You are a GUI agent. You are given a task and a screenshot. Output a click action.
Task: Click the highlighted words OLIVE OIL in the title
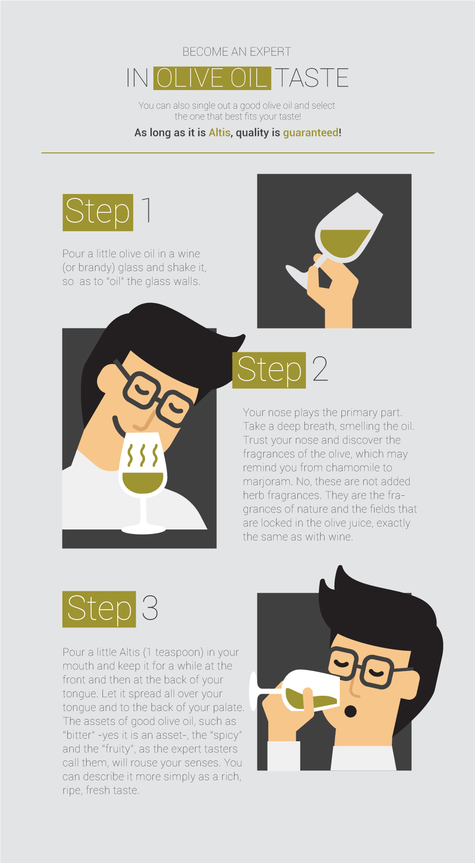point(212,78)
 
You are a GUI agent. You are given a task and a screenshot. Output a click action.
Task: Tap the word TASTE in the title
point(312,78)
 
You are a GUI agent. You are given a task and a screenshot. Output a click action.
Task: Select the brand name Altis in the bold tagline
point(220,133)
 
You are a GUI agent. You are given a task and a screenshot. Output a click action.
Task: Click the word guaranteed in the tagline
point(311,133)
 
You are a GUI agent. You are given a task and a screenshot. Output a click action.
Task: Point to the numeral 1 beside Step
point(146,210)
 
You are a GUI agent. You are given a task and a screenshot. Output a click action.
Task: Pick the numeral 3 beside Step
point(150,608)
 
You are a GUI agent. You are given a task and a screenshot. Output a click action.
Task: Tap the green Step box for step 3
point(99,609)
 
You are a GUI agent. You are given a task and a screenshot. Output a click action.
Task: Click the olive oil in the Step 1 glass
point(344,243)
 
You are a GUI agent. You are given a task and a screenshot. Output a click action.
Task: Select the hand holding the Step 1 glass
point(332,292)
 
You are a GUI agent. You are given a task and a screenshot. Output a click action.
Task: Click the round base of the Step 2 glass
point(143,529)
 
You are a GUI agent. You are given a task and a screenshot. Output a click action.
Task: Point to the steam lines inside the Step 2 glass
point(142,455)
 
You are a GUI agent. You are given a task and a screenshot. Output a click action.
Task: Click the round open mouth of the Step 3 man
point(350,712)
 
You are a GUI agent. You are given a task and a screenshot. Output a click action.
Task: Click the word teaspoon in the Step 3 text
point(179,653)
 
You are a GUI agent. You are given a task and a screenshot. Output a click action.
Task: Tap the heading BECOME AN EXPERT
point(237,51)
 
